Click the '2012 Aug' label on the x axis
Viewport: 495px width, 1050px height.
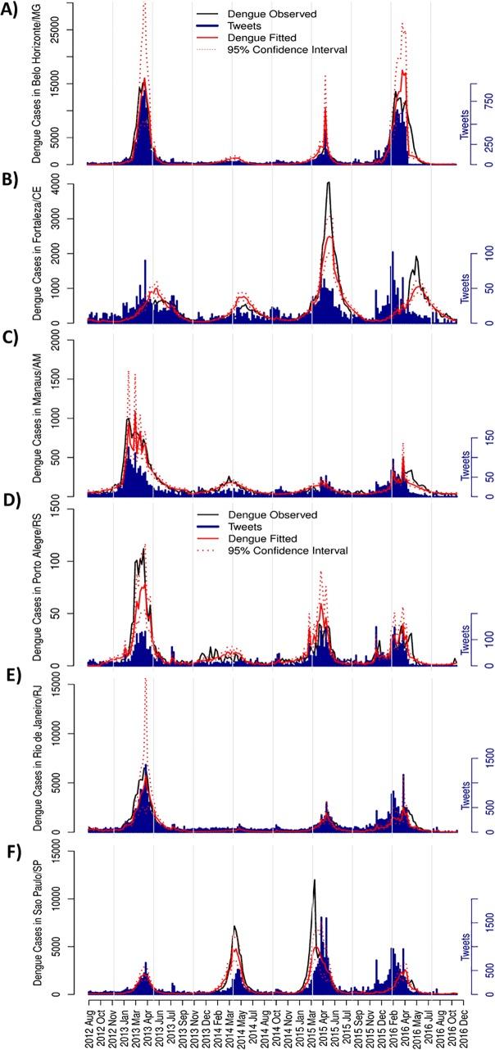click(x=89, y=1024)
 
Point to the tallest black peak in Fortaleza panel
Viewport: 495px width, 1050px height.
click(x=328, y=183)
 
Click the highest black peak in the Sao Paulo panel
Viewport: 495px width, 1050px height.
click(x=315, y=880)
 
